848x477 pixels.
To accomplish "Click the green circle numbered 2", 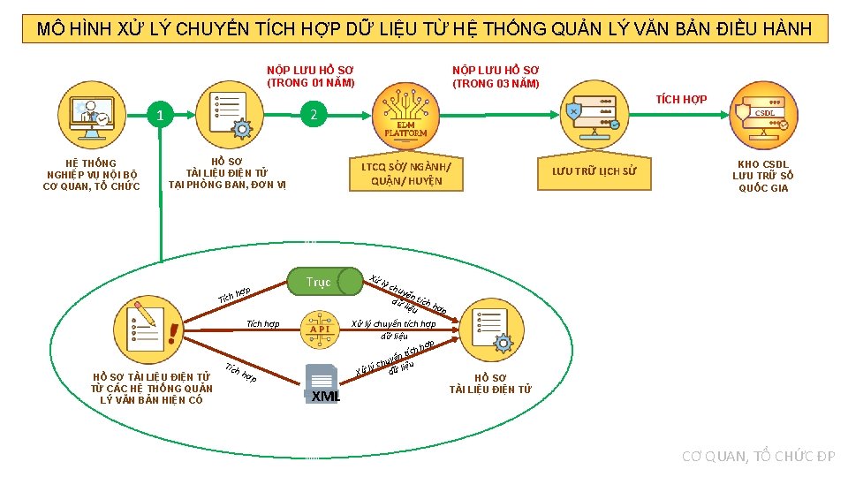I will pos(313,114).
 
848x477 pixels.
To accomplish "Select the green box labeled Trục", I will pos(318,282).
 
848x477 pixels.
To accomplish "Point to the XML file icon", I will pos(322,383).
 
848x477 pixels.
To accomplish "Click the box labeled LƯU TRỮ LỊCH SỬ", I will pos(594,171).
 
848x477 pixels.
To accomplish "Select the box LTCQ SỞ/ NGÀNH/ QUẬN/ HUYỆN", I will pos(406,173).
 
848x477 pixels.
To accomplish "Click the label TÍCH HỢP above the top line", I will pos(681,99).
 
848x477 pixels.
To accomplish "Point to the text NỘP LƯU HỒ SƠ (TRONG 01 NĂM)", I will pos(311,76).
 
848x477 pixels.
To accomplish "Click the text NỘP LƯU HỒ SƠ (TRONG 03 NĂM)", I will pos(496,76).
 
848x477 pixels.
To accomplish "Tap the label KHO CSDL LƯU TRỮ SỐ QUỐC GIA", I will pos(763,176).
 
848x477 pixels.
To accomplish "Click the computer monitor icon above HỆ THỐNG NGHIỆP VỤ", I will pos(91,115).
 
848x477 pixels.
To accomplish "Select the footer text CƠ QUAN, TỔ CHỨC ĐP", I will pos(758,456).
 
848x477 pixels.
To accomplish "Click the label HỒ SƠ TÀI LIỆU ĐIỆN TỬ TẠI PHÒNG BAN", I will pos(227,173).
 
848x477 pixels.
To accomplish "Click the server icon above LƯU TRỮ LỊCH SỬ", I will pos(594,112).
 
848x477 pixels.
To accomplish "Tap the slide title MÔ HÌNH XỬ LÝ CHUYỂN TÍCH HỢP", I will pos(424,29).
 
